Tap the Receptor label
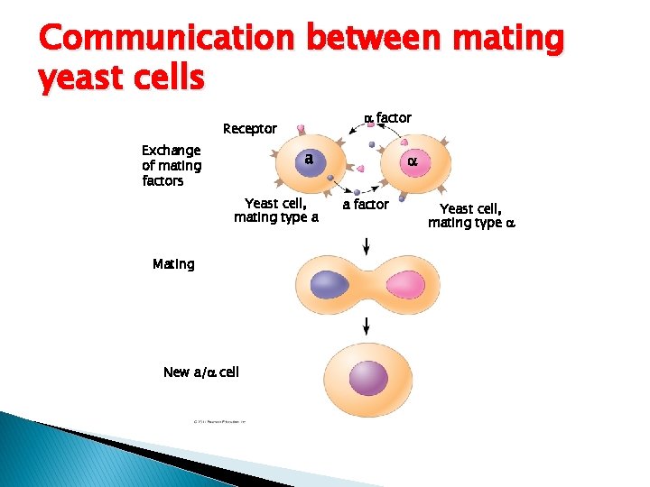click(x=250, y=129)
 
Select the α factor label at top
click(x=387, y=117)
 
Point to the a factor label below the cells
click(x=366, y=205)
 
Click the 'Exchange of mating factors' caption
click(x=172, y=166)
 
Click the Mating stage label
click(x=173, y=264)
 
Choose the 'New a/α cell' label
click(x=200, y=372)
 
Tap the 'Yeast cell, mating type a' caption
click(x=276, y=211)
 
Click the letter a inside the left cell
click(x=309, y=159)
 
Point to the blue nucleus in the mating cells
click(x=329, y=286)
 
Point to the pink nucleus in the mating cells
click(x=404, y=286)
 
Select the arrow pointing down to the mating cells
click(x=367, y=245)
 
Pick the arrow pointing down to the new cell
click(x=367, y=326)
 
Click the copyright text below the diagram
click(x=218, y=422)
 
